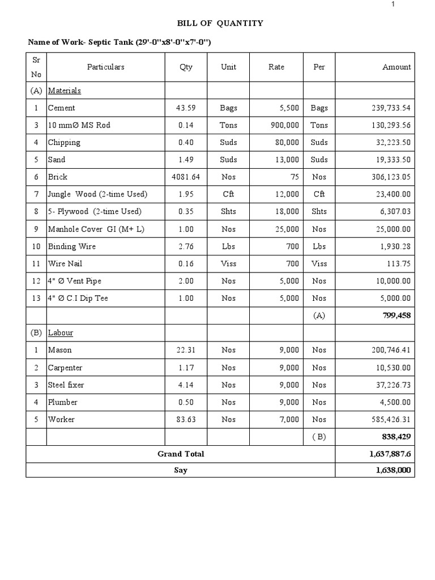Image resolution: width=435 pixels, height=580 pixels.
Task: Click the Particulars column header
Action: coord(105,67)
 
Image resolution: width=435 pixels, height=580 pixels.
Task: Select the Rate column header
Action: coord(276,67)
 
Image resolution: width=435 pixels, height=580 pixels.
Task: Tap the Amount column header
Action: coord(396,67)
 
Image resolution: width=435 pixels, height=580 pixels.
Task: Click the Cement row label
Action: coord(61,108)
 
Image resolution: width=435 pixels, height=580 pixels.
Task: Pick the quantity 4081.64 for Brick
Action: coord(185,177)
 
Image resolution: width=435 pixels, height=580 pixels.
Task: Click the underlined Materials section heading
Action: coord(65,91)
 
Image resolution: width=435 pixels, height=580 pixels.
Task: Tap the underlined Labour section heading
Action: coord(61,333)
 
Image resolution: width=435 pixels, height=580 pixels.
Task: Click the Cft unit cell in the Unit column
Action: coord(228,194)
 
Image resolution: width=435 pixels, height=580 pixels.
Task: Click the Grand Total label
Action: coord(181,454)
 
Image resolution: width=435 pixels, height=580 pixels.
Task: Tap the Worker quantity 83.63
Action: coord(185,420)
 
